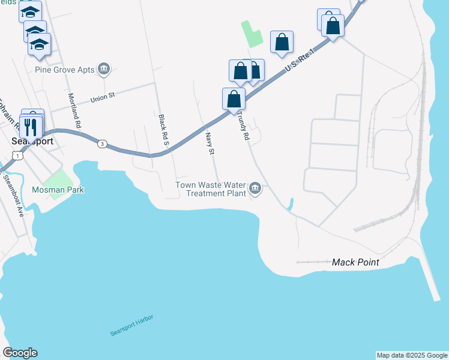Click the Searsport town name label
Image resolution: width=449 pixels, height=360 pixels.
tap(32, 142)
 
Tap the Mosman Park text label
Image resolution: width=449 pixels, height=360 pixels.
tap(58, 190)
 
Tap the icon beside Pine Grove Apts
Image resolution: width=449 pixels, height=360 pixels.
tap(104, 70)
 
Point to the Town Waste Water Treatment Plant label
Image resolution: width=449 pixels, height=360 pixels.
tap(211, 189)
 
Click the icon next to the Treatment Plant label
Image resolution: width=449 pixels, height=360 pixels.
tap(256, 190)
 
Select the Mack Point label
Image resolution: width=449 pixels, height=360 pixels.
tap(355, 263)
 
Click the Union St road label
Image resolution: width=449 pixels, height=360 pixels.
tap(106, 97)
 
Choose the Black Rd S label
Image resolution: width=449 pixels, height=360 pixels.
tap(162, 128)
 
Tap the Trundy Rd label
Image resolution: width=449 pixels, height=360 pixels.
tap(243, 124)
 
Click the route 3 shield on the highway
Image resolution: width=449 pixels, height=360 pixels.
tap(103, 144)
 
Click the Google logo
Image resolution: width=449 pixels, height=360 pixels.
tap(20, 353)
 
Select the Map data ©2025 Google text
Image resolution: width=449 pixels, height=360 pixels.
tap(411, 355)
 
